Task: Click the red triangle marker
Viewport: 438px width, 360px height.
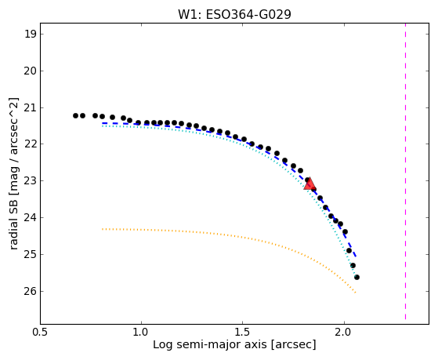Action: [309, 184]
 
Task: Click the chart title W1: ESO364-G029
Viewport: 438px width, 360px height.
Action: [234, 15]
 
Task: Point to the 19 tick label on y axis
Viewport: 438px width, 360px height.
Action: [30, 35]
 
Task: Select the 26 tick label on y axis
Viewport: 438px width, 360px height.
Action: [30, 291]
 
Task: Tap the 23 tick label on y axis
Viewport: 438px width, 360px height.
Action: [30, 181]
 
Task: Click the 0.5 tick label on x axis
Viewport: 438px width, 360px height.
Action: [41, 332]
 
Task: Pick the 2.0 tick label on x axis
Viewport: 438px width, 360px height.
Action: [345, 332]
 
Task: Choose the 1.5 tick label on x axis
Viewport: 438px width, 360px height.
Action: [243, 332]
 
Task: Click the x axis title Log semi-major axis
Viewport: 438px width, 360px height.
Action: [210, 344]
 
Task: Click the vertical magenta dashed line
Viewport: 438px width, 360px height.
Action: [405, 172]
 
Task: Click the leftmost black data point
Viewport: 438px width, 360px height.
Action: [75, 115]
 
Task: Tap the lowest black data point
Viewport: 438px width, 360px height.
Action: [357, 277]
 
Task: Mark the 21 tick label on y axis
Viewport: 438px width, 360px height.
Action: [30, 107]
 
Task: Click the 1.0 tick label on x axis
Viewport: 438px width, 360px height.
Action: [141, 332]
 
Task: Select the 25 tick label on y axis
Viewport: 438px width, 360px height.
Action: [30, 255]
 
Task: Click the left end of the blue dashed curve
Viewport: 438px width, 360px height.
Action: [102, 123]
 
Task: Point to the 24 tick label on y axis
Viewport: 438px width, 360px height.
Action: [30, 217]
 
